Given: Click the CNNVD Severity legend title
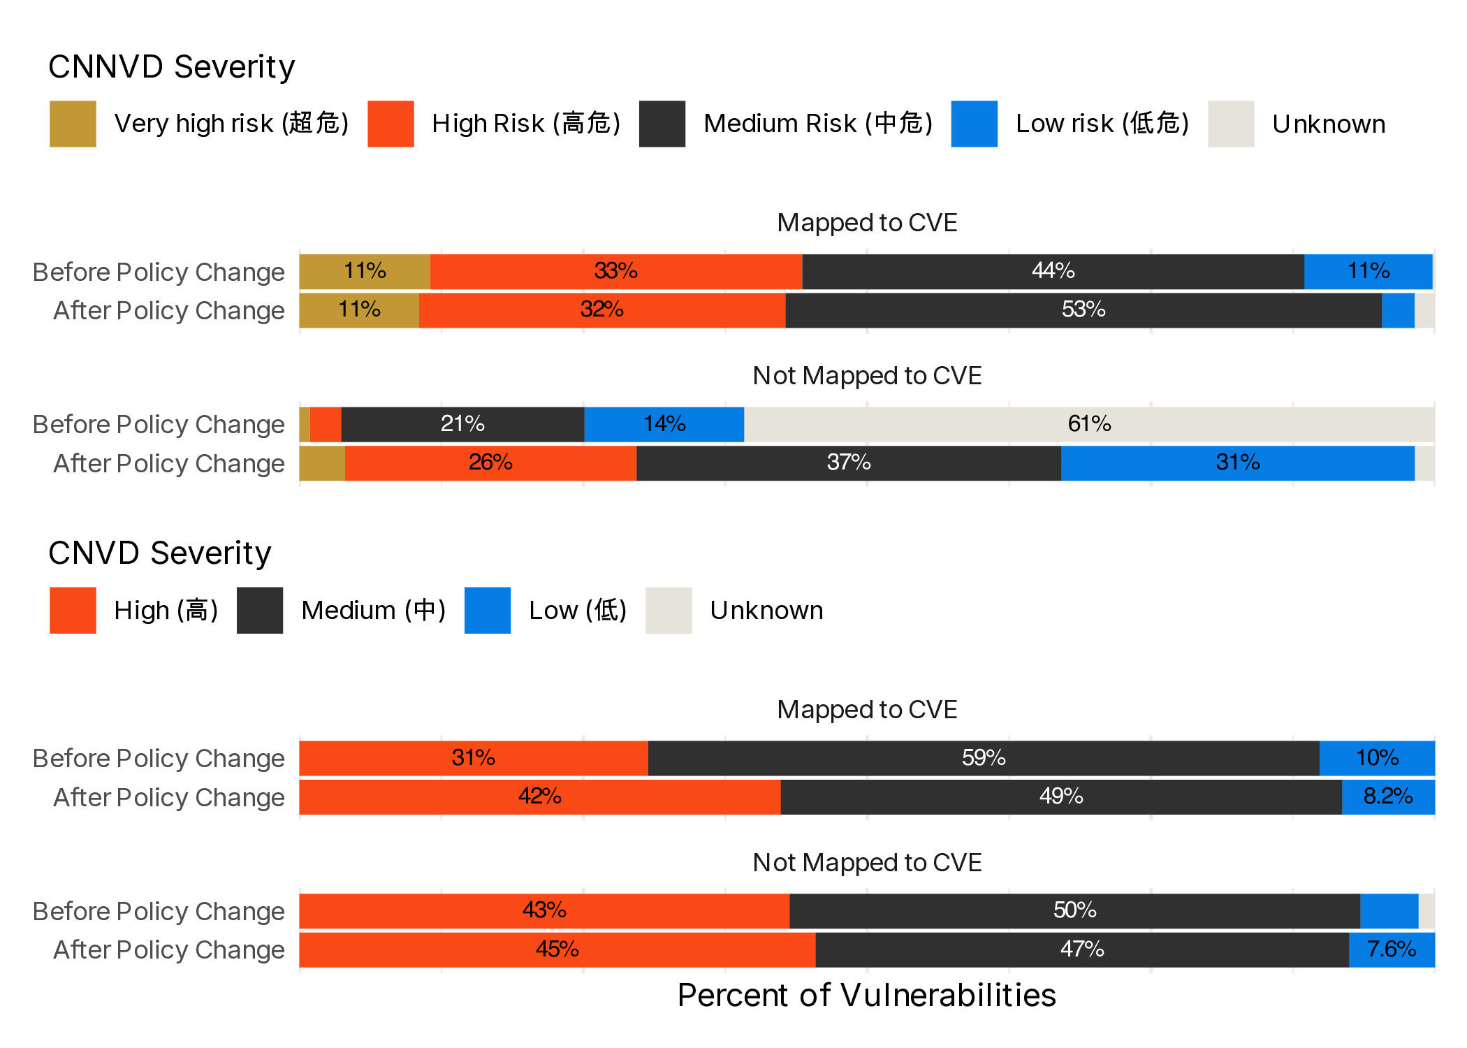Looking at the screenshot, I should [171, 67].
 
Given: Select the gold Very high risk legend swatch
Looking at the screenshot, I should [73, 124].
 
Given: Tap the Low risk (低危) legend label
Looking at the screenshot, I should [1102, 124].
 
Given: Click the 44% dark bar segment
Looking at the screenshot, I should [1053, 271].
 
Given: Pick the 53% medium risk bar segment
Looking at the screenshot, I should [1083, 310].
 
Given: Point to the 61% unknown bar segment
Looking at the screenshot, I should [1089, 424].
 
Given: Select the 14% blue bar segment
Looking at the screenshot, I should [664, 424].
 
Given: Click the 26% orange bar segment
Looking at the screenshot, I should [490, 463].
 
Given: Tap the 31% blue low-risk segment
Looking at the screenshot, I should [1237, 463].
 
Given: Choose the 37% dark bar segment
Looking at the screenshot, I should [848, 463].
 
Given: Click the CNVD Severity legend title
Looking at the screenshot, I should [159, 553].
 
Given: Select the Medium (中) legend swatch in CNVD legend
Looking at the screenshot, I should [260, 611].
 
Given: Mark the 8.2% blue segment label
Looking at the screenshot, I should [1388, 796].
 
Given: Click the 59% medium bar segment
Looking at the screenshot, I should [983, 758].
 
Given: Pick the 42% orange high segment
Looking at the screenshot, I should [539, 796].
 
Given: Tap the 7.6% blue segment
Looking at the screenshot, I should [1391, 949].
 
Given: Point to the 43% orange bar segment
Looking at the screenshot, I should [543, 910].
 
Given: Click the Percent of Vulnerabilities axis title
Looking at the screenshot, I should [866, 995].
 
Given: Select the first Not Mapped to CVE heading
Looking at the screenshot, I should [866, 376].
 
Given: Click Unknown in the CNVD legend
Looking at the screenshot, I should [766, 611].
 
